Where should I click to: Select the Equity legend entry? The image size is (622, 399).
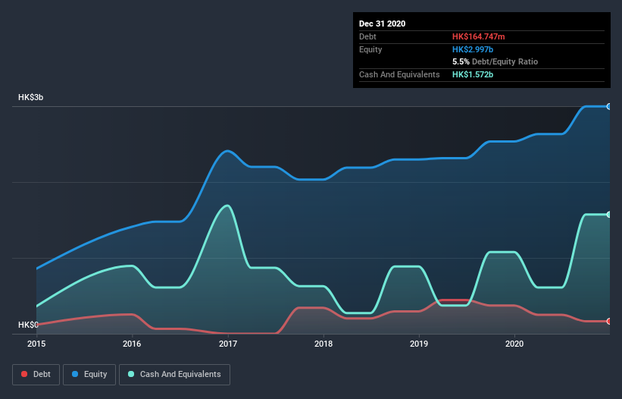click(x=89, y=374)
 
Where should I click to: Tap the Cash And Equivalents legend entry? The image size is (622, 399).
click(x=174, y=374)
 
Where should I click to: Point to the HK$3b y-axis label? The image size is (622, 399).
click(x=32, y=98)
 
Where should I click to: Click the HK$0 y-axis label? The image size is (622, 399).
click(x=28, y=325)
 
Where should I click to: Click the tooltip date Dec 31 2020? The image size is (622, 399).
click(x=382, y=24)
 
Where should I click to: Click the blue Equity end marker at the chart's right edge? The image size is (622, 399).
click(x=609, y=106)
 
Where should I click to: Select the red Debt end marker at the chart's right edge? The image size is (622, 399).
click(x=609, y=322)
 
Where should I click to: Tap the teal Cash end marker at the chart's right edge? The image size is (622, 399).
click(x=609, y=215)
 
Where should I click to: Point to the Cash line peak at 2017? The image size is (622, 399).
click(x=227, y=206)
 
